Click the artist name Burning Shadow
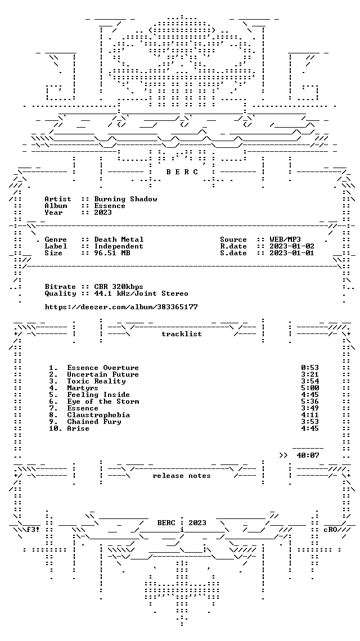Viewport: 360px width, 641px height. coord(125,199)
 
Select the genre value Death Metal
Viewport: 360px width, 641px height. coord(119,240)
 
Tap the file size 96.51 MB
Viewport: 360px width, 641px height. coord(112,253)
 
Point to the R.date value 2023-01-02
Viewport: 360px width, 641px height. coord(292,246)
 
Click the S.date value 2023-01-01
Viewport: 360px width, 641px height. coord(292,253)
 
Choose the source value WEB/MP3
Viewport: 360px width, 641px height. coord(286,240)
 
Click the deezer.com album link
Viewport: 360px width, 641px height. coord(121,307)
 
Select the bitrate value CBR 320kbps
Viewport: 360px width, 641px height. coord(119,287)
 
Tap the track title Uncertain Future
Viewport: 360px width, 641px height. coord(103,374)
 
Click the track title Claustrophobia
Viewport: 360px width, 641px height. coord(98,415)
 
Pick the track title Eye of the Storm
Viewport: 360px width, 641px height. coord(103,401)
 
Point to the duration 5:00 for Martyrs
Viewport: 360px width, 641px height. coord(310,388)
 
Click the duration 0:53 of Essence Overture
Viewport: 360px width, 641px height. coord(310,368)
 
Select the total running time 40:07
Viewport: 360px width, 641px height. coord(308,455)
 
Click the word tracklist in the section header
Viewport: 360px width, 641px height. coord(182,334)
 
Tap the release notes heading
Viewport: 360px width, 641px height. coord(182,476)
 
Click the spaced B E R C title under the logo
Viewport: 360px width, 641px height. coord(182,172)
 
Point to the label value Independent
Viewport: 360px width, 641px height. coord(119,246)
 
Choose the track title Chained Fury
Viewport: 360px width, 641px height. coord(94,422)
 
